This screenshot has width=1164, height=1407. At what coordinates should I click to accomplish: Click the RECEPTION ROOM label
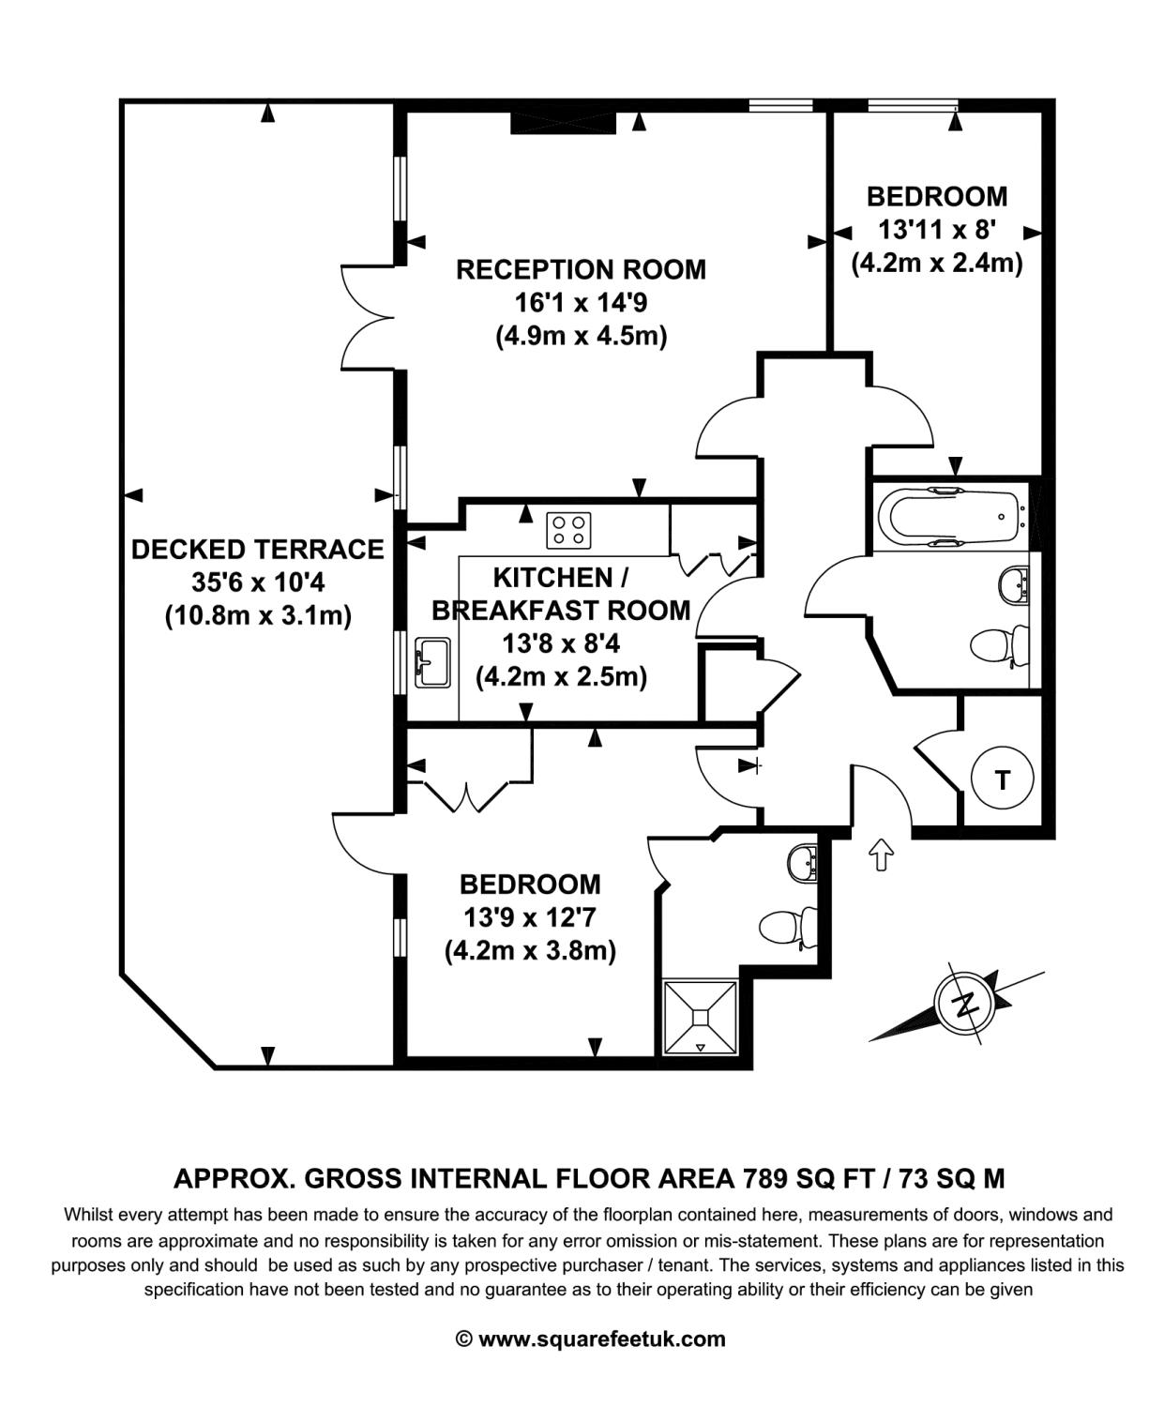tap(581, 269)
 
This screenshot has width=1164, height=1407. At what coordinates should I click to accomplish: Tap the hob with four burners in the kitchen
tap(568, 530)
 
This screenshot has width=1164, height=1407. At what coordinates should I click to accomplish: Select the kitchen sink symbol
tap(432, 662)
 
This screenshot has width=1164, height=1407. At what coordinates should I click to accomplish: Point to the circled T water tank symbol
tap(1003, 779)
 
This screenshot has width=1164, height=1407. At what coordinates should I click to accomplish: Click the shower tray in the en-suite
tap(701, 1018)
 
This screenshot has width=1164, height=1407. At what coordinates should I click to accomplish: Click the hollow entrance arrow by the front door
tap(881, 855)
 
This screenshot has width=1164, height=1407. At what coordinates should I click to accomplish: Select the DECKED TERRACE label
tap(258, 549)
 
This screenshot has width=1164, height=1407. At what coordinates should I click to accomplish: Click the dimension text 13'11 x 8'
tap(937, 230)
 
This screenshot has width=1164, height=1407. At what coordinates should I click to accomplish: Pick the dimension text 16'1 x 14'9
tap(581, 303)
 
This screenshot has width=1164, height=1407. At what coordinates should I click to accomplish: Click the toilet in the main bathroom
tap(1000, 646)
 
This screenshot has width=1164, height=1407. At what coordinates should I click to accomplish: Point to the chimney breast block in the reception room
tap(563, 123)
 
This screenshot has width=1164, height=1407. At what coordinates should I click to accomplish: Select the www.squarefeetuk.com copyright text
tap(591, 1339)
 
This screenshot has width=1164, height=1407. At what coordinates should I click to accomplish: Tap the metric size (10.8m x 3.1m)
tap(258, 615)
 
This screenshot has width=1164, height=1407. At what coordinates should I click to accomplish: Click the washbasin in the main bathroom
tap(1014, 583)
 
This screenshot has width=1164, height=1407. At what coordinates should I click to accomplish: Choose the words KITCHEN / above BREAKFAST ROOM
tap(561, 578)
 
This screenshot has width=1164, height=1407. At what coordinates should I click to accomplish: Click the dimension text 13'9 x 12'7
tap(530, 917)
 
